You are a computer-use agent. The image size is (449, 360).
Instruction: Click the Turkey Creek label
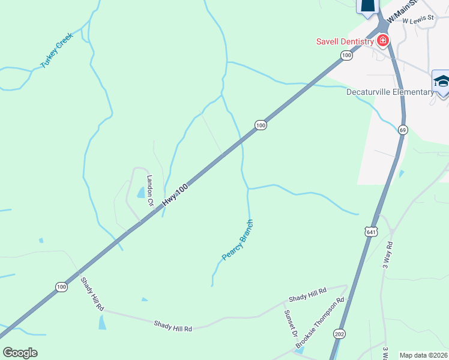(56, 50)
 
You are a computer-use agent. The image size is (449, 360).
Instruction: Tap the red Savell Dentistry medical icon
(382, 41)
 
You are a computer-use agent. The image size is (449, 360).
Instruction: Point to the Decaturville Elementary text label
(390, 92)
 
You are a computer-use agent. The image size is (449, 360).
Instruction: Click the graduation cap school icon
(441, 82)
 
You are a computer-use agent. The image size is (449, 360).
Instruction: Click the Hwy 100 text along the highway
(175, 197)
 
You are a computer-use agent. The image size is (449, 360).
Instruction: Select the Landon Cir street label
(150, 190)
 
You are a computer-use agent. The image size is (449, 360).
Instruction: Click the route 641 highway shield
(371, 231)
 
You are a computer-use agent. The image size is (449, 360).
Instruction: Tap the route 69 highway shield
(402, 130)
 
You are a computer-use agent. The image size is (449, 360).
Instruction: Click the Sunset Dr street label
(291, 324)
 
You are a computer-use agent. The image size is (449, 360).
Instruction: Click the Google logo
(20, 353)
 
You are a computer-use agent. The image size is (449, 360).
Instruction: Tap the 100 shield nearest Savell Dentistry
(346, 55)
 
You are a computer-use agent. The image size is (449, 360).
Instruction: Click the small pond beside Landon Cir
(141, 193)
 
